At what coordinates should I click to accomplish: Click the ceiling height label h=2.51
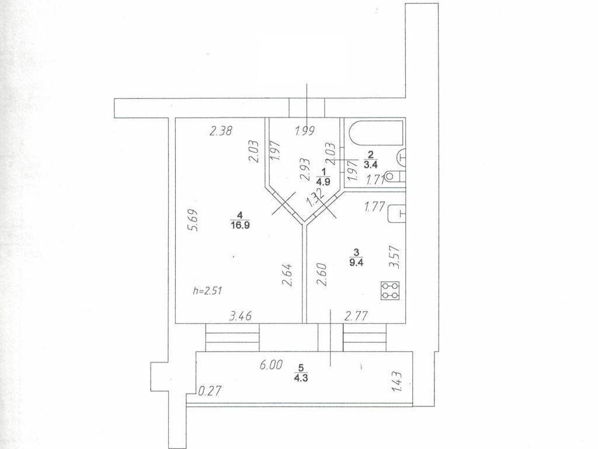(208, 291)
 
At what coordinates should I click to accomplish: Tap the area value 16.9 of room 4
(240, 225)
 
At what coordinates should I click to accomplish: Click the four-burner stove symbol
(391, 291)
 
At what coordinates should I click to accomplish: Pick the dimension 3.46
(240, 316)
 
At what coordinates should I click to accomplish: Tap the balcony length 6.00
(271, 365)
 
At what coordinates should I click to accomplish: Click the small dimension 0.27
(210, 391)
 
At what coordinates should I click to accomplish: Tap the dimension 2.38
(221, 132)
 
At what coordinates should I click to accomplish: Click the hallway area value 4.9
(324, 182)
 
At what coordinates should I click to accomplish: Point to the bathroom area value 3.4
(370, 165)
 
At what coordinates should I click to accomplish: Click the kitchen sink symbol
(397, 214)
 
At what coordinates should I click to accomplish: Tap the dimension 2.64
(287, 275)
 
